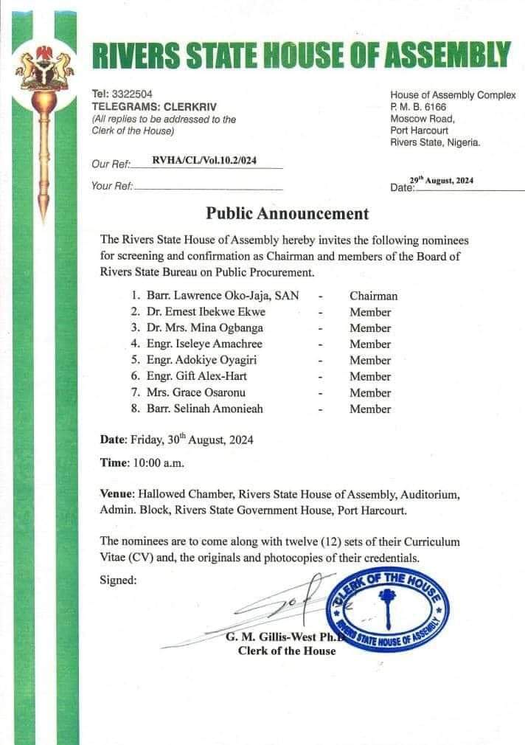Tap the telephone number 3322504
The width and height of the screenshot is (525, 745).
131,94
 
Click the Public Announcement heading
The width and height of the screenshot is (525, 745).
287,214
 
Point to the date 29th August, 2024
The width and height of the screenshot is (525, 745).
442,181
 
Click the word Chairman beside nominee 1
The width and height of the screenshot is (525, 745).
373,296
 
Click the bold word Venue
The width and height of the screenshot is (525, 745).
116,493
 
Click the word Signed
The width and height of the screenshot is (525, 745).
118,581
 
